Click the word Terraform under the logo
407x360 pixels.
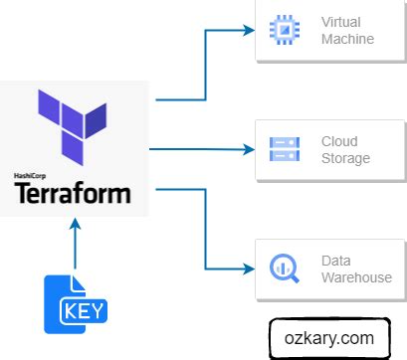tap(73, 192)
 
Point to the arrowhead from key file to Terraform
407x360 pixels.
tap(75, 226)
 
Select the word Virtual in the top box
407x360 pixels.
tap(340, 22)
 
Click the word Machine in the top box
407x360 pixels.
tap(346, 40)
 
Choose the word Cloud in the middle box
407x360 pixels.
tap(338, 141)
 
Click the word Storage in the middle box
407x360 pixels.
tap(344, 159)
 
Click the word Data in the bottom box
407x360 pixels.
tap(335, 260)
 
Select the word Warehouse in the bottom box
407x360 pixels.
tap(355, 277)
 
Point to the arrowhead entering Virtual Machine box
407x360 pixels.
tap(248, 31)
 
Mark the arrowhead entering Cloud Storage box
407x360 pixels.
tap(248, 150)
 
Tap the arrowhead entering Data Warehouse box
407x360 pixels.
tap(248, 269)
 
